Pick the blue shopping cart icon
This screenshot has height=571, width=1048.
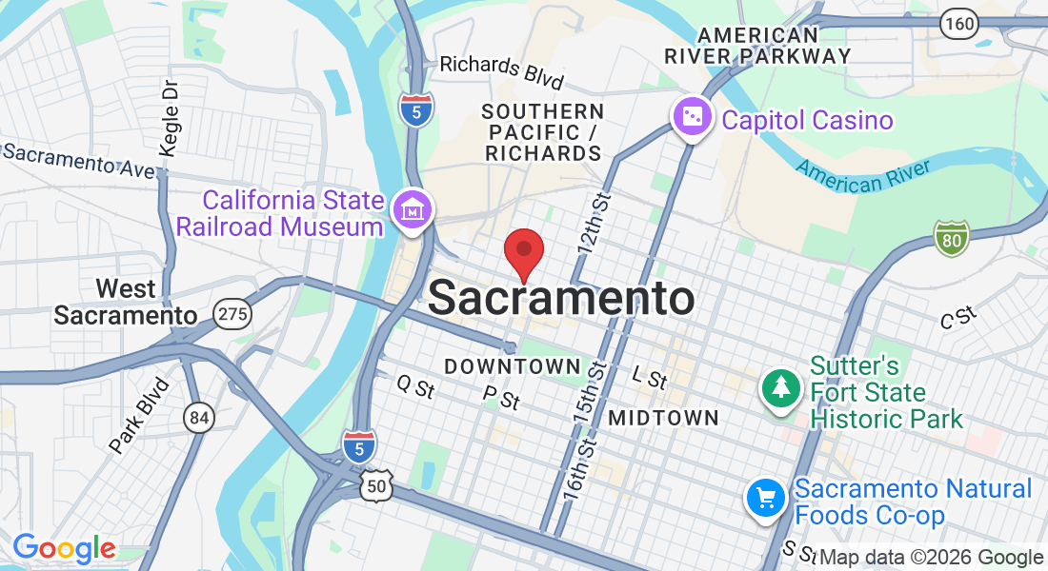pyautogui.click(x=766, y=498)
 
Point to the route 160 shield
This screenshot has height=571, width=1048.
pyautogui.click(x=958, y=24)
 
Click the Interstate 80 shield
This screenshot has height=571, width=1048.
pyautogui.click(x=951, y=238)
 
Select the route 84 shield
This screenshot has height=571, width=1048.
pyautogui.click(x=198, y=417)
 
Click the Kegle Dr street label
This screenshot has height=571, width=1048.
pyautogui.click(x=170, y=117)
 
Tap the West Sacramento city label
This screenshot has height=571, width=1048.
pyautogui.click(x=126, y=302)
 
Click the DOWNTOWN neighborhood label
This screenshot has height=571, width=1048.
pyautogui.click(x=512, y=366)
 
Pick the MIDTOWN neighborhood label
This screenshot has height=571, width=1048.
pyautogui.click(x=663, y=418)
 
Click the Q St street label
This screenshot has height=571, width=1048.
pyautogui.click(x=415, y=386)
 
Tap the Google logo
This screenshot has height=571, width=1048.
pyautogui.click(x=64, y=549)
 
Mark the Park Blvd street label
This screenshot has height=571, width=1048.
pyautogui.click(x=139, y=415)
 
